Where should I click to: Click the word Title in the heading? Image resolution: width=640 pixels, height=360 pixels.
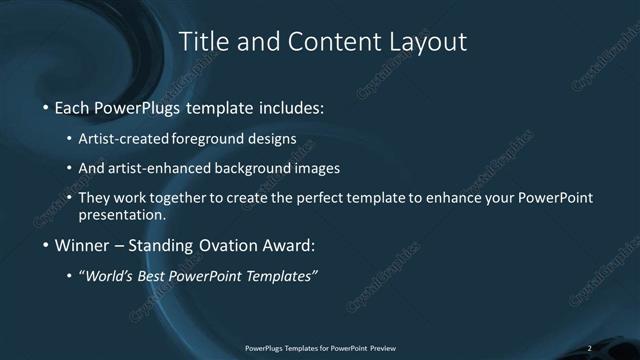[x=199, y=42]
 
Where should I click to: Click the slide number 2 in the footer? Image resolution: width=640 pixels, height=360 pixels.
[x=590, y=348]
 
